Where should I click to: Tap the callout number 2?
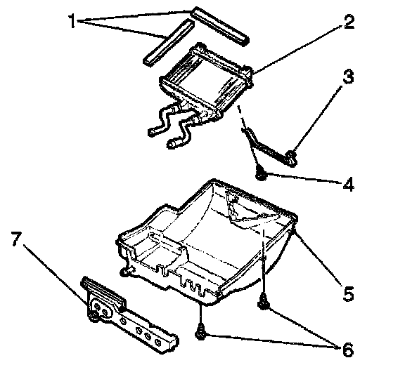click(x=349, y=22)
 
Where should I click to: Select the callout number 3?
click(x=349, y=77)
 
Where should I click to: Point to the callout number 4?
click(x=349, y=185)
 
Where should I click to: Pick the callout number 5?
click(x=349, y=293)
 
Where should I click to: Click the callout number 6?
click(x=348, y=350)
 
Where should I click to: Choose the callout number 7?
click(x=16, y=239)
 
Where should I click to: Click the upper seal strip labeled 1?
click(x=219, y=25)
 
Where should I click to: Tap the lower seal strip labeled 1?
click(x=168, y=43)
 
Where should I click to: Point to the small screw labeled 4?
click(x=261, y=175)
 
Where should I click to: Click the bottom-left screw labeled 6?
click(x=200, y=334)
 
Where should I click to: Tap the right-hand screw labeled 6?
click(x=263, y=303)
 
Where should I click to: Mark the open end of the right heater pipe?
click(x=171, y=143)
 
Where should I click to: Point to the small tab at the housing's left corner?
click(x=126, y=271)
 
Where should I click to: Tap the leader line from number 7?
click(x=56, y=274)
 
